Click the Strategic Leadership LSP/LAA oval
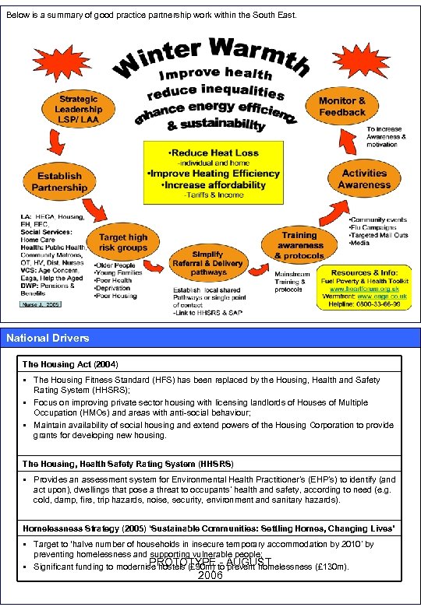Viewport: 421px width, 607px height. click(x=78, y=110)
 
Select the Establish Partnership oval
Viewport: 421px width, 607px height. click(x=59, y=181)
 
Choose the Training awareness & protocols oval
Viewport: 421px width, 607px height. click(x=299, y=244)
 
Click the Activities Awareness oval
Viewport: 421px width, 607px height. click(x=363, y=179)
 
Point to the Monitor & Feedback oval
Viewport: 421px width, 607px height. click(x=341, y=107)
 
